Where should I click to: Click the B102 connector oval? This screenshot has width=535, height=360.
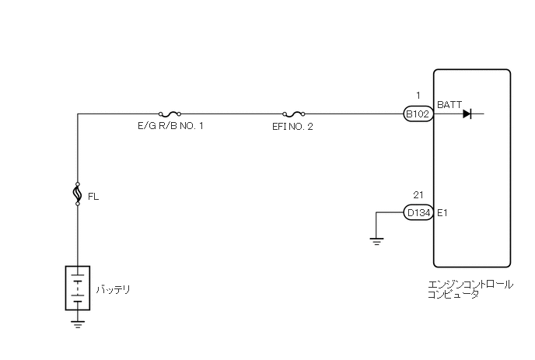coord(418,114)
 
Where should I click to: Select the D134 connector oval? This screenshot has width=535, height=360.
coord(418,211)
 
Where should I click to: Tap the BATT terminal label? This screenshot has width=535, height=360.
coord(449,104)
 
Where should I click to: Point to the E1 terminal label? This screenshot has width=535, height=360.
coord(443,211)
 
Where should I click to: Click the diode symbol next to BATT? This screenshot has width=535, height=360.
coord(467,114)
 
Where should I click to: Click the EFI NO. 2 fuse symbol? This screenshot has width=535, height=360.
coord(294,113)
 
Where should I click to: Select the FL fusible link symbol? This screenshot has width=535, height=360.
coord(77,193)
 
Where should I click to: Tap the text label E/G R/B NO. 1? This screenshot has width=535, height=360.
coord(170,126)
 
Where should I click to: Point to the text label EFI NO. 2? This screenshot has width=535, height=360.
coord(294,126)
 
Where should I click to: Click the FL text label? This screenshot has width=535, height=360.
coord(94,197)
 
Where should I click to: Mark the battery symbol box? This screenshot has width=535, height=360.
coord(77,288)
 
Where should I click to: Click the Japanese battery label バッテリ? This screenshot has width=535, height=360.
coord(113,290)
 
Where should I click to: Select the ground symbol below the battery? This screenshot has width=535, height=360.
coord(77,323)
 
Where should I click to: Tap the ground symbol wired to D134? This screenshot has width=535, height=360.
coord(377,240)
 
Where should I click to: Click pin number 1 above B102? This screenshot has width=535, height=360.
coord(418,96)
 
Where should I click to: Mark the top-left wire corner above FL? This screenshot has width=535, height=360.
coord(78,114)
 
